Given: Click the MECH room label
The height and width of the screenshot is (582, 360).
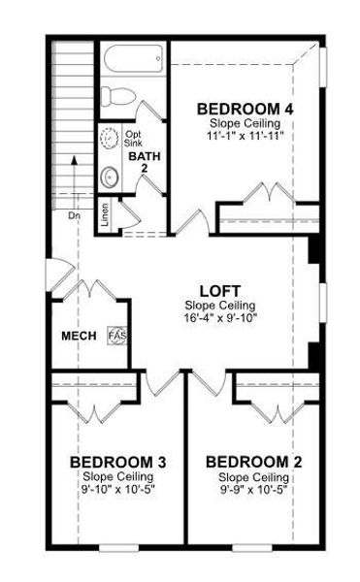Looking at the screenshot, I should click(78, 336).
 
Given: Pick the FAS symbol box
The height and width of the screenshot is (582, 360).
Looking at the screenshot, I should click(116, 335).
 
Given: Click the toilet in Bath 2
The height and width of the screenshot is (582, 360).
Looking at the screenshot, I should click(120, 96).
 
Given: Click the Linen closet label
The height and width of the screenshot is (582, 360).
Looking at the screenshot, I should click(105, 213).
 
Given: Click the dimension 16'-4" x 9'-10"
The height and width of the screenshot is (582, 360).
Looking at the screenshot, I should click(220, 317).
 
